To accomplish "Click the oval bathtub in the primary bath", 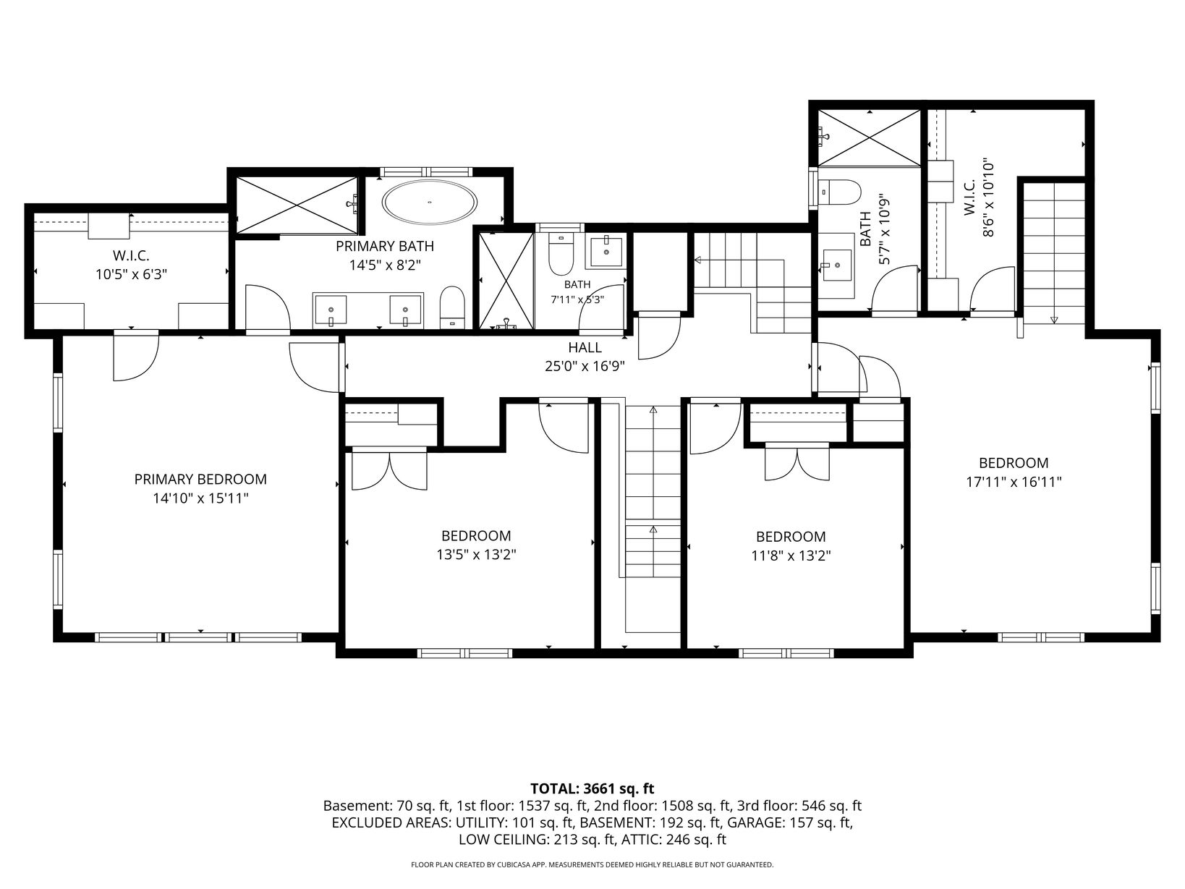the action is (x=429, y=203).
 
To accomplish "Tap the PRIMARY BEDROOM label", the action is (x=200, y=480).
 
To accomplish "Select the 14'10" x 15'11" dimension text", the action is (x=200, y=498).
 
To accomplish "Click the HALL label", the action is (x=585, y=348).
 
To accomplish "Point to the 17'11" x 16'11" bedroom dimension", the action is (x=1014, y=482).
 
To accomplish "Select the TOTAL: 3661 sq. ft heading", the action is (x=592, y=788).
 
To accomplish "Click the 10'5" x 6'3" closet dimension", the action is (x=131, y=274).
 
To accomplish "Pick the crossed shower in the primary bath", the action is (x=297, y=205).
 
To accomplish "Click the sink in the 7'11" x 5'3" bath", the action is (x=606, y=252).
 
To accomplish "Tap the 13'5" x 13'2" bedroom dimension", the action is (x=476, y=555).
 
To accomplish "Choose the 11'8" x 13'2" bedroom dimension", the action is (x=790, y=556).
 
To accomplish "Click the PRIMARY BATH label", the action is (x=384, y=246).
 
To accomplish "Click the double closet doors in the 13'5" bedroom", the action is (x=389, y=469).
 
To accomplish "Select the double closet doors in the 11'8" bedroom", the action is (x=797, y=461).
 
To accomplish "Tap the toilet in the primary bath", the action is (x=452, y=307).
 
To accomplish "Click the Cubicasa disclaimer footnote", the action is (x=592, y=864).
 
